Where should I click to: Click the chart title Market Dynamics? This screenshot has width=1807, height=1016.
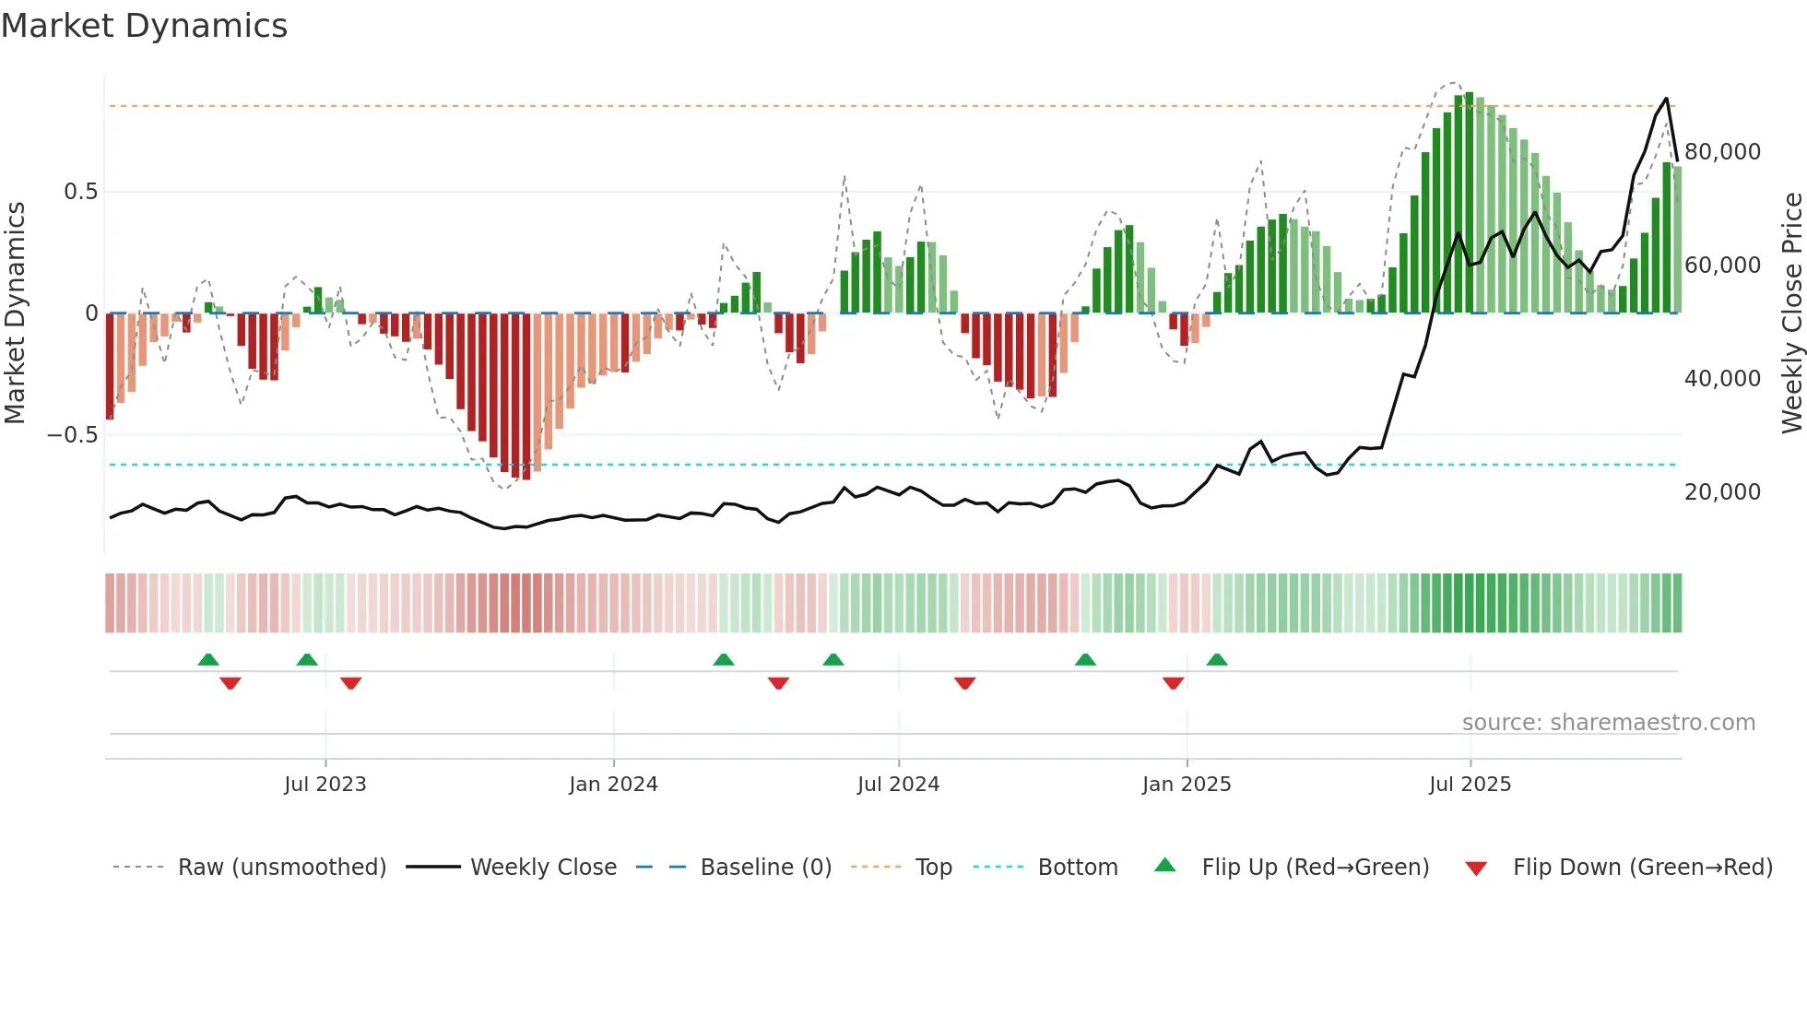(x=145, y=26)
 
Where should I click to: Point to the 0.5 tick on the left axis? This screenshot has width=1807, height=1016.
(x=80, y=192)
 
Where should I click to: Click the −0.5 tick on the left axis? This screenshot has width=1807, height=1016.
(x=73, y=435)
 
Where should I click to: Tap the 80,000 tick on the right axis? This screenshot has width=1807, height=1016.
(x=1722, y=152)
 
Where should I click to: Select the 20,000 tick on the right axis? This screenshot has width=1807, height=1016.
(x=1722, y=492)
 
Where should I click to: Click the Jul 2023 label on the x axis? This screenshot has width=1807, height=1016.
(x=325, y=785)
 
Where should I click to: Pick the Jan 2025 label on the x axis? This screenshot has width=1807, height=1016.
(x=1186, y=785)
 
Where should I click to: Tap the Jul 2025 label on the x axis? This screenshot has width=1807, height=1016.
(x=1470, y=785)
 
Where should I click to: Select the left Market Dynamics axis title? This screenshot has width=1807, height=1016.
(x=15, y=313)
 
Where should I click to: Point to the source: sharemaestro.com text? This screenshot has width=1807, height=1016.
(x=1608, y=723)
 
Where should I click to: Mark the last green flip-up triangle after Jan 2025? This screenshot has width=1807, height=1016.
(x=1217, y=660)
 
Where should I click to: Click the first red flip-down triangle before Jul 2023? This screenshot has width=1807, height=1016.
(x=230, y=683)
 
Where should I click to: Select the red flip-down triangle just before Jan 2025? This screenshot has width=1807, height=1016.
(x=1173, y=683)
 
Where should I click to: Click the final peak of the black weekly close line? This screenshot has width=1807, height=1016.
(x=1666, y=99)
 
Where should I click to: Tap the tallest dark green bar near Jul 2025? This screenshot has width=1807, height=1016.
(x=1469, y=203)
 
